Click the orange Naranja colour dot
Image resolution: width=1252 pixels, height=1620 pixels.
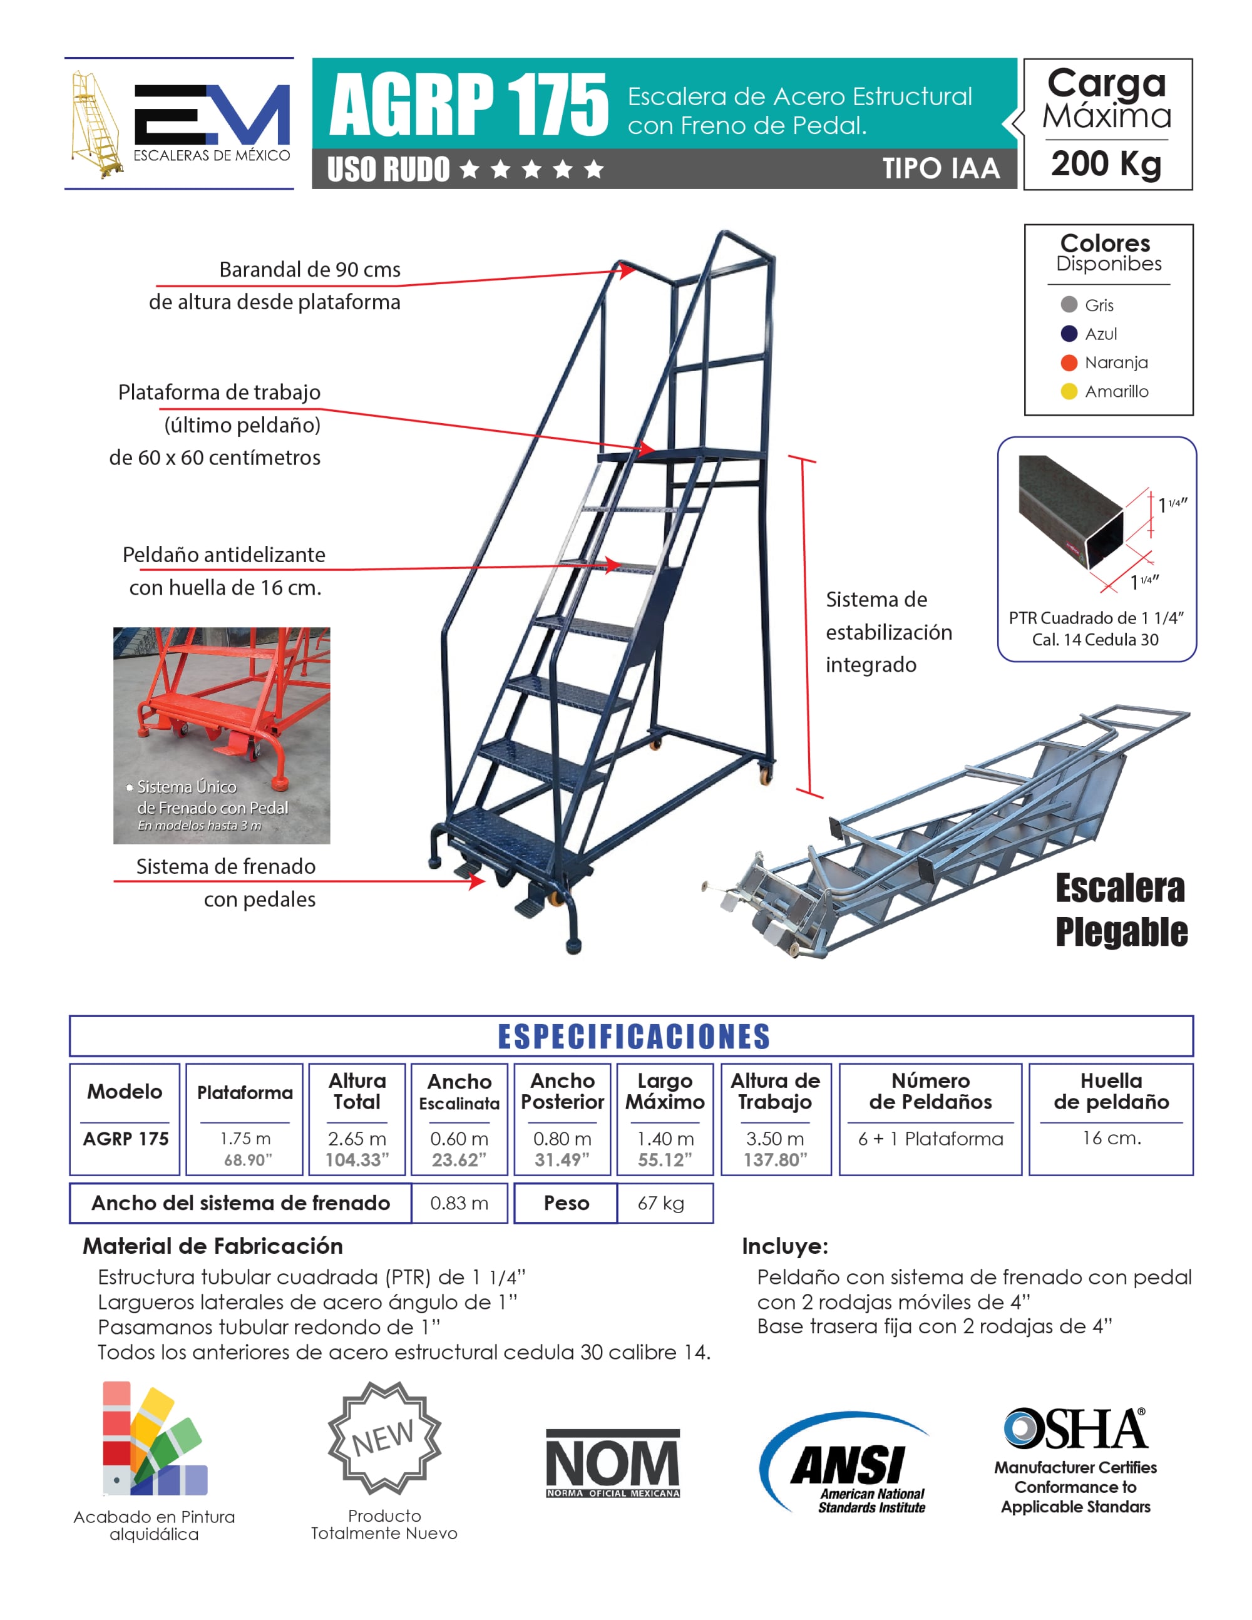click(x=1068, y=362)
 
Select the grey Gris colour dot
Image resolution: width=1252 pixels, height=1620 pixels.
click(x=1068, y=304)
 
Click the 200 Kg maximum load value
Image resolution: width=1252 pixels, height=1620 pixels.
click(x=1106, y=163)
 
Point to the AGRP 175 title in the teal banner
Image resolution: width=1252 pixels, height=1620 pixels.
click(x=469, y=104)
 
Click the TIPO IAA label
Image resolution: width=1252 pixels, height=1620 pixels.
click(x=940, y=168)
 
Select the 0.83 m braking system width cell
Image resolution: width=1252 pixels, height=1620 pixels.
click(x=459, y=1202)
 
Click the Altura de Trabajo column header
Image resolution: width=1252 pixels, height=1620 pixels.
click(x=775, y=1091)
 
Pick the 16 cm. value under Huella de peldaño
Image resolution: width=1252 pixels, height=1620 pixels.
click(x=1111, y=1138)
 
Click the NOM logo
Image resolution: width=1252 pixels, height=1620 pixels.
click(x=613, y=1463)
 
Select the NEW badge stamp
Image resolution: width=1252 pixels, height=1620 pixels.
click(x=384, y=1437)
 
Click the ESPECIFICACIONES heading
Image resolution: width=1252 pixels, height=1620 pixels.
click(x=634, y=1036)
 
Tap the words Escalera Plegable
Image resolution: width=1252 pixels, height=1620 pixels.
click(x=1121, y=910)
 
